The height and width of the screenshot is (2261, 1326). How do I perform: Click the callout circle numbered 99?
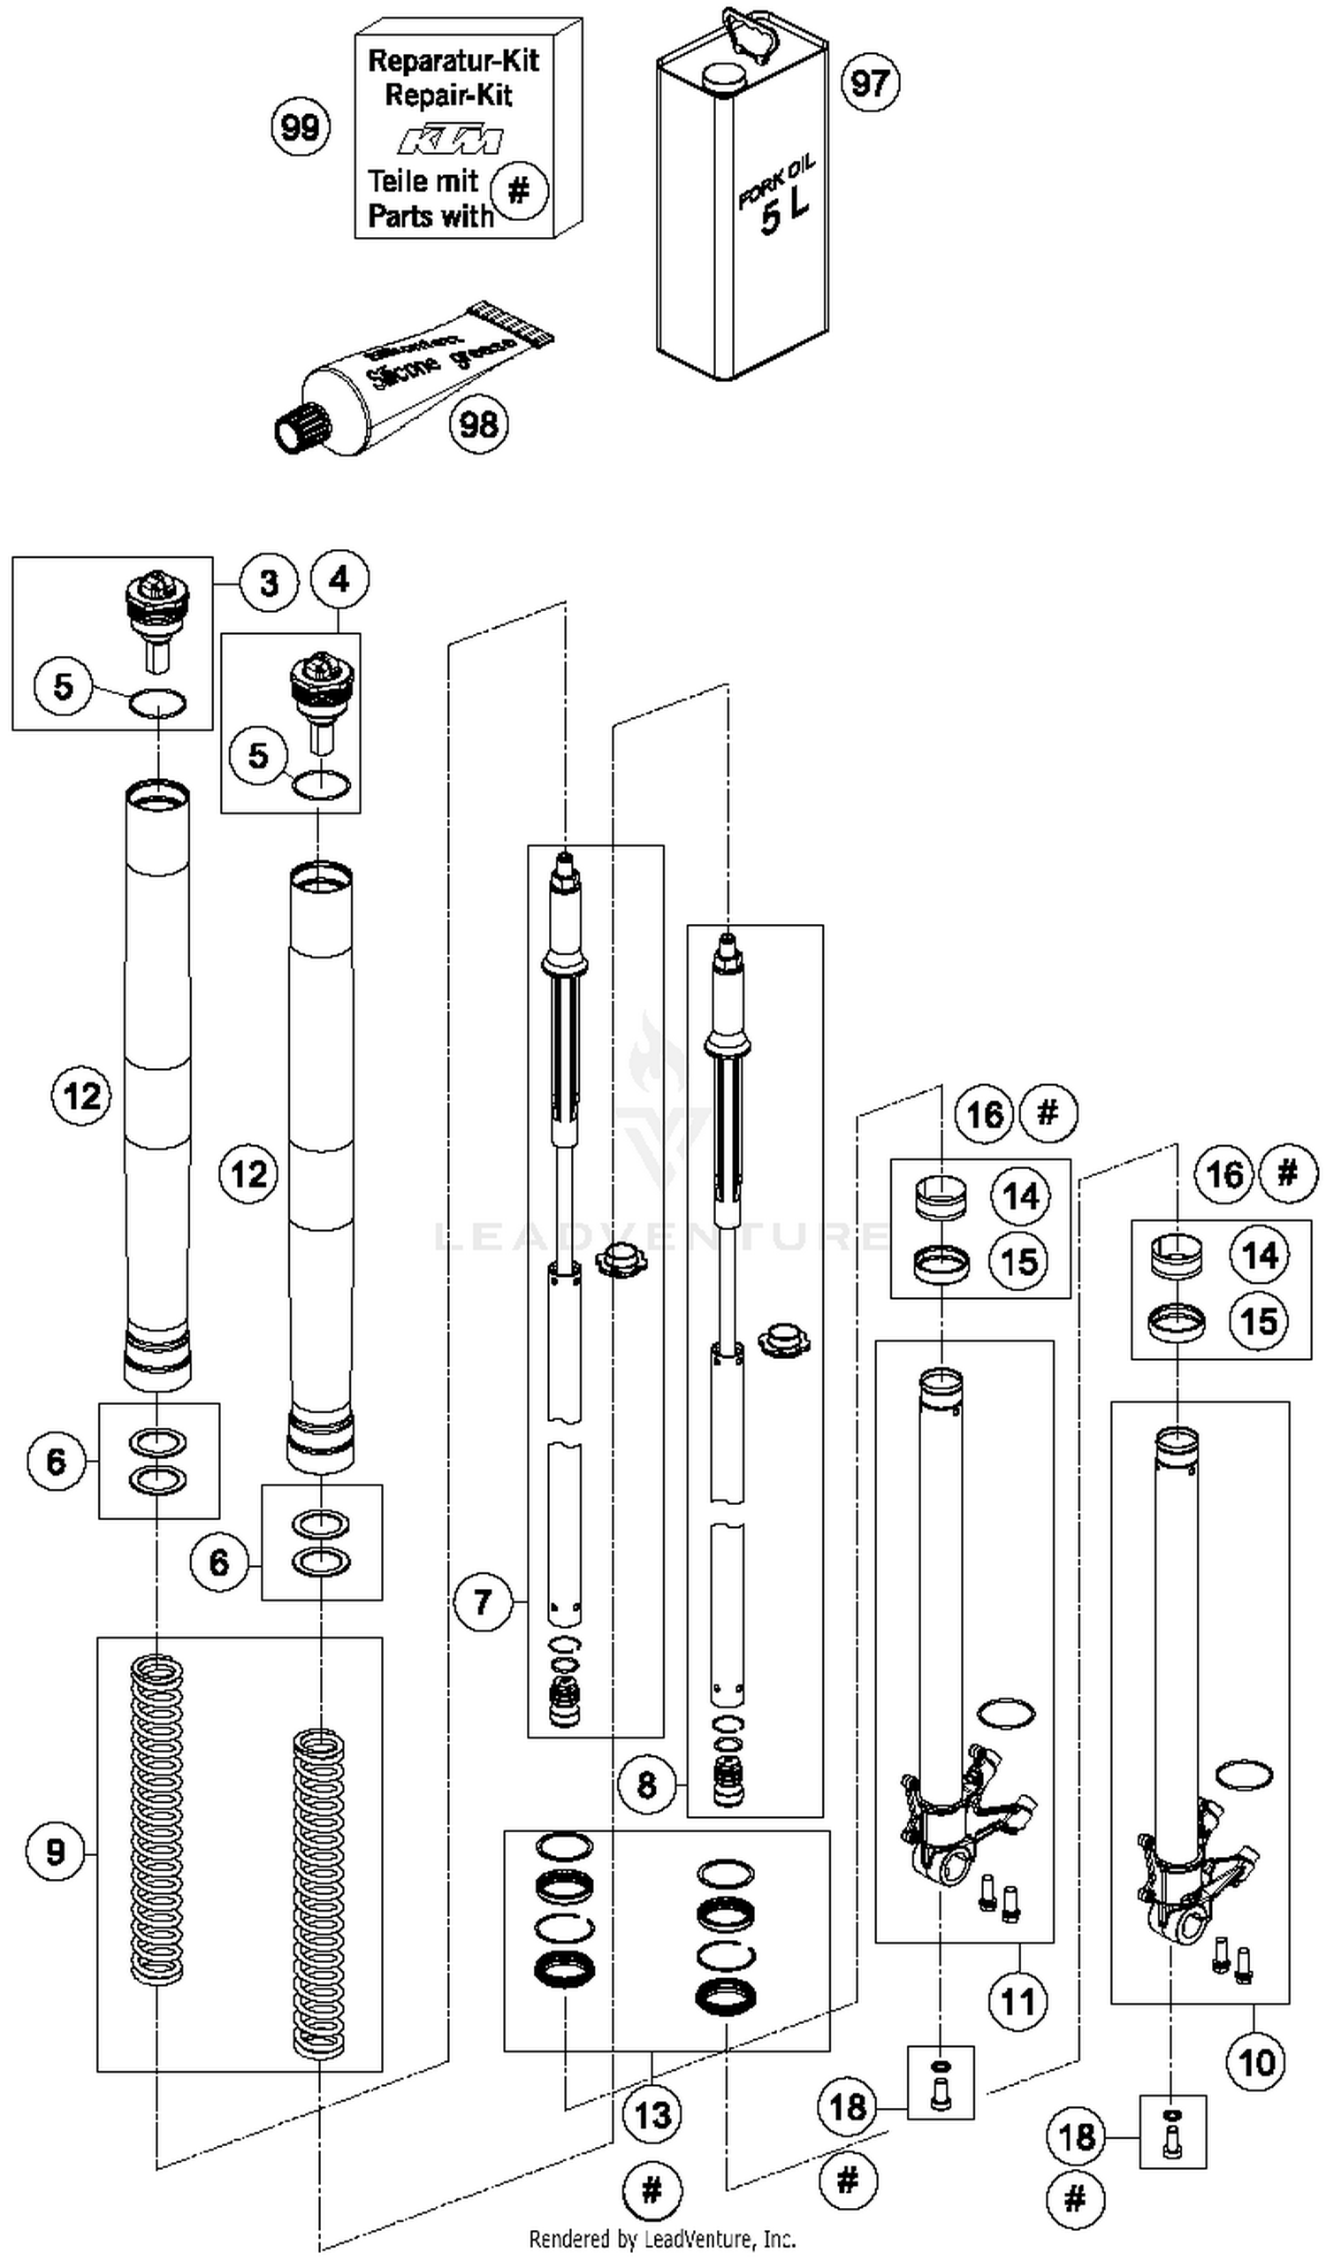[x=300, y=126]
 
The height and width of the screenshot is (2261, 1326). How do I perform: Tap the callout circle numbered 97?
[x=869, y=83]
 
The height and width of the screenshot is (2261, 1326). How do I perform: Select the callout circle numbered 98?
[x=478, y=424]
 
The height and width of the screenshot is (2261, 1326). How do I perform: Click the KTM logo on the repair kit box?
[x=451, y=141]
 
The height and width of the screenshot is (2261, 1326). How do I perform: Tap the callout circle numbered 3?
[x=268, y=584]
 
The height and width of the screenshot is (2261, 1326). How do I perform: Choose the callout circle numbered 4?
[x=339, y=579]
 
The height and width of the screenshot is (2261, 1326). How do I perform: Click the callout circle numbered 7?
[x=483, y=1600]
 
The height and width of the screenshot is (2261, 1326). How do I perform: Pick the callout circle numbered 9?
[x=55, y=1851]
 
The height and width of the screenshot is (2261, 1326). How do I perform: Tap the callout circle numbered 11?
[x=1018, y=2001]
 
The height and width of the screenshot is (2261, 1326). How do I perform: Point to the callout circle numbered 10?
[x=1256, y=2063]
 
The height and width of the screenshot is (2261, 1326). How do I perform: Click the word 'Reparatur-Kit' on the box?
[x=453, y=61]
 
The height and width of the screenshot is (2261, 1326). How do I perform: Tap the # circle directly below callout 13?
[x=652, y=2190]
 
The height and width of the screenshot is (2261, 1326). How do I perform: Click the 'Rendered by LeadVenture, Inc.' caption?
[x=662, y=2239]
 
